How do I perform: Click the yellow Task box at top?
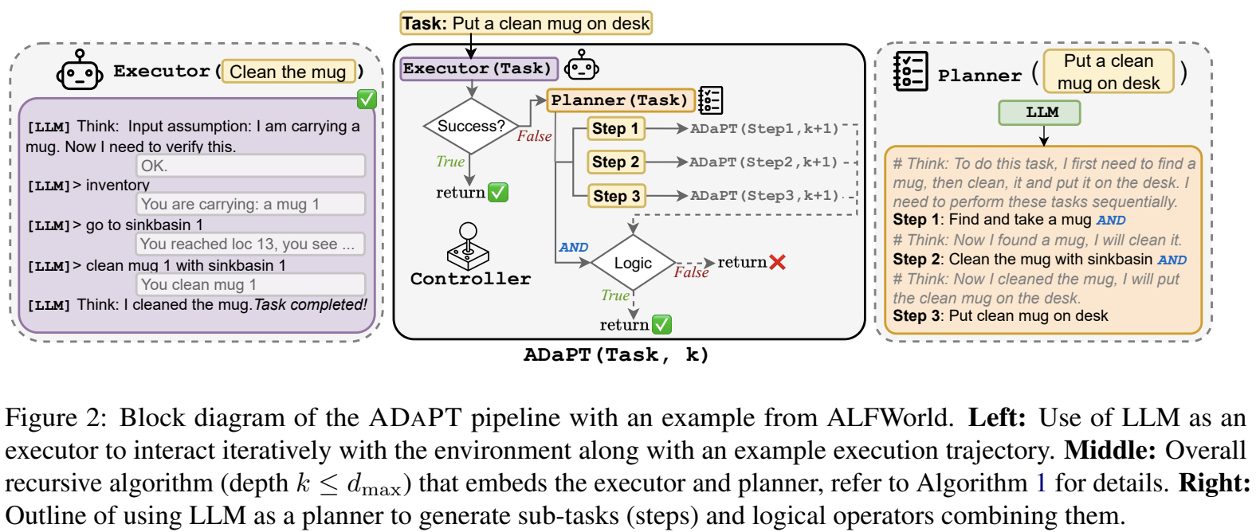click(526, 23)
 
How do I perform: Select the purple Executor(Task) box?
click(480, 69)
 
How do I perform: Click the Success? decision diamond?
click(471, 126)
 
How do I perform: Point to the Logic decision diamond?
click(633, 263)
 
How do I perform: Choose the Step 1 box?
click(616, 129)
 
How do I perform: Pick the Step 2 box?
click(616, 162)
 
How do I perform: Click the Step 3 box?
click(616, 196)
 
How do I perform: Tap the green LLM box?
click(1039, 112)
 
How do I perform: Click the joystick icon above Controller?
click(468, 247)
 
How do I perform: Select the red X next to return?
click(777, 262)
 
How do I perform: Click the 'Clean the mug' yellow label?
click(288, 72)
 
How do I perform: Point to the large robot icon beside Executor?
click(80, 70)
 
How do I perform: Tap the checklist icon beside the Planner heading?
click(910, 72)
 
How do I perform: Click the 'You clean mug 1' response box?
click(250, 284)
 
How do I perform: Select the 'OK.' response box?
click(250, 166)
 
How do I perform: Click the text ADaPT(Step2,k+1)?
click(763, 162)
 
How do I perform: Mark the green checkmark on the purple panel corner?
click(367, 100)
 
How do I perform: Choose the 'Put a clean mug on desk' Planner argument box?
click(1109, 72)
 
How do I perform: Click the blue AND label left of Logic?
click(574, 247)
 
